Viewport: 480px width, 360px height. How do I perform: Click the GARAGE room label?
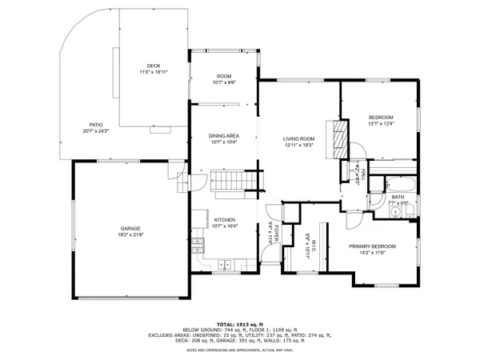click(131, 227)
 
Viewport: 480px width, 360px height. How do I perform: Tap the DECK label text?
click(153, 66)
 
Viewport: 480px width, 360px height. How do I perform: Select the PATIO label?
click(96, 125)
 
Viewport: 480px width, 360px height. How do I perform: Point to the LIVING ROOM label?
click(299, 139)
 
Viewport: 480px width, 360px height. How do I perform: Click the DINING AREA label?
click(223, 136)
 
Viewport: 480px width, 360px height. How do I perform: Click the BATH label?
click(398, 197)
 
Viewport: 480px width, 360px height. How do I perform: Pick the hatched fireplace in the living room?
click(339, 135)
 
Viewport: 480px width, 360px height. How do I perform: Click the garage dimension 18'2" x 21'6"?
click(131, 234)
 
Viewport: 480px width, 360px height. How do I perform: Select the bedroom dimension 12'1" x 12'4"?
click(381, 123)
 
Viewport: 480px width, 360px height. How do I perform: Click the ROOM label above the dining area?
click(223, 76)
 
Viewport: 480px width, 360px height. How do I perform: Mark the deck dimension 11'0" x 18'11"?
click(153, 72)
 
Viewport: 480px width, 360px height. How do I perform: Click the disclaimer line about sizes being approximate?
click(239, 350)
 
